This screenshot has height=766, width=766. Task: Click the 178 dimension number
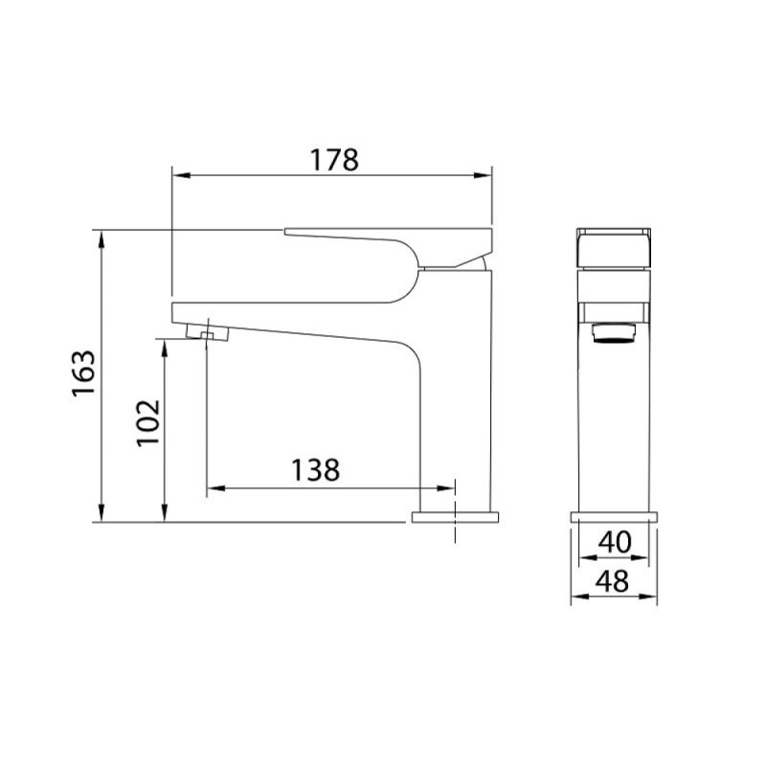(x=334, y=160)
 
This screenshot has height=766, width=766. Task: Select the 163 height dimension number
(x=83, y=373)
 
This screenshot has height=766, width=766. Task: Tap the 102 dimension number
(x=148, y=422)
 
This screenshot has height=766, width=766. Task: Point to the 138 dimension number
(x=315, y=470)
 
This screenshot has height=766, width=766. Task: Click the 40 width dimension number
(x=615, y=542)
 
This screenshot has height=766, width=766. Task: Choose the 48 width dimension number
(x=613, y=581)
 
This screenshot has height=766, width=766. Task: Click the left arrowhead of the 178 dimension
(x=181, y=175)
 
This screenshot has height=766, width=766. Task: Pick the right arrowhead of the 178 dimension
(x=483, y=175)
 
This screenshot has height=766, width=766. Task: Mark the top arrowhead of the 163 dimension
(x=101, y=239)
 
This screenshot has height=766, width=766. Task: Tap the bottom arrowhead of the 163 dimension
(x=101, y=512)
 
